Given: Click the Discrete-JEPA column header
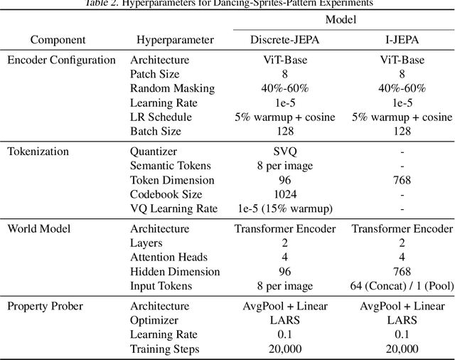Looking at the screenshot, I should [284, 40].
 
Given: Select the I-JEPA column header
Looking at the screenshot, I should [402, 40].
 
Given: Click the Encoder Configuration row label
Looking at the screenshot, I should [61, 60].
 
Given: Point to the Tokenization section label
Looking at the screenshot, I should [38, 151].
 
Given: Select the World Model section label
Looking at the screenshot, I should [40, 228].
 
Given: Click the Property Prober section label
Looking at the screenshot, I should [45, 306].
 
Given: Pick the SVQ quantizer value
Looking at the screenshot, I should [284, 151].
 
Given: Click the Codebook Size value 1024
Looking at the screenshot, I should [284, 194].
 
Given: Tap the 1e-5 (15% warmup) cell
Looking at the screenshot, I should [284, 208].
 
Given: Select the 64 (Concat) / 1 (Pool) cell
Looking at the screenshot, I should [402, 286].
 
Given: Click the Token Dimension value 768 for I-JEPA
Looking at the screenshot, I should [402, 180].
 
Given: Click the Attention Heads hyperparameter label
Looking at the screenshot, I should [169, 258].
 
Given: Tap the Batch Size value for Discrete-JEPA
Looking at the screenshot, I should [284, 131].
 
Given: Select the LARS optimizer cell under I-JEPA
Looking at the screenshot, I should [402, 320].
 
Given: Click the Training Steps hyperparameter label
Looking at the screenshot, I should [165, 349].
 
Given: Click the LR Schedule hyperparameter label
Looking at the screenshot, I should [161, 117].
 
